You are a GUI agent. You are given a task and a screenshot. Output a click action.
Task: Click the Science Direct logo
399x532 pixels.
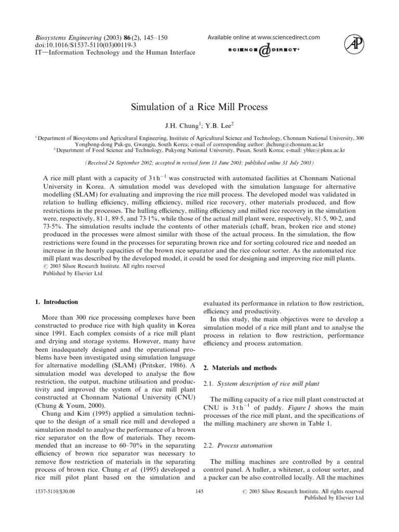click(x=264, y=50)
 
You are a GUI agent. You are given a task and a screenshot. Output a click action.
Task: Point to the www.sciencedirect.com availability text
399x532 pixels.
click(x=263, y=37)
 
